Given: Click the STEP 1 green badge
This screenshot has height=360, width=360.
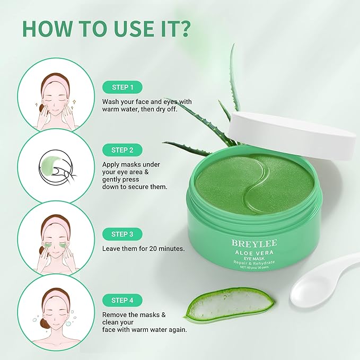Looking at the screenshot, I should pos(123,86).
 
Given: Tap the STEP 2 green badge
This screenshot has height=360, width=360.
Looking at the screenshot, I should pos(123,150).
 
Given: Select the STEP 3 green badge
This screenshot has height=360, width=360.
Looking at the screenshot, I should pos(123,234).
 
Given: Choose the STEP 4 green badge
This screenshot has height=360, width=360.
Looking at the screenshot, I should pos(123,300).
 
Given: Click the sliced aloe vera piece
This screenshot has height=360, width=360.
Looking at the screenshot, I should pos(230,304).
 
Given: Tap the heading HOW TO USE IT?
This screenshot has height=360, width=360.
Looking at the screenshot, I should pos(106,30).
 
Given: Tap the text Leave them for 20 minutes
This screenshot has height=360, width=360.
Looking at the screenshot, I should pos(143,248).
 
